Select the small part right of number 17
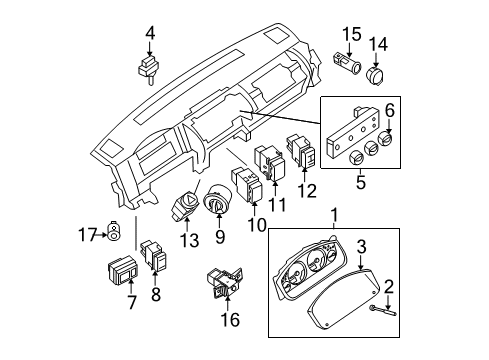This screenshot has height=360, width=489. pyautogui.click(x=118, y=235)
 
